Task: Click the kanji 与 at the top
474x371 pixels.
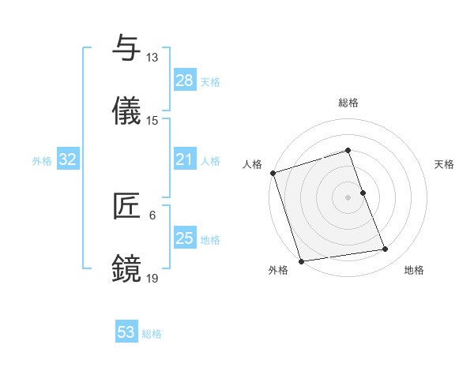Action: coord(126,49)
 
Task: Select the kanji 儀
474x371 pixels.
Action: coord(126,112)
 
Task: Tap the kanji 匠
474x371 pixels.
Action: coord(126,207)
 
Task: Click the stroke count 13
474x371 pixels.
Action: coord(152,58)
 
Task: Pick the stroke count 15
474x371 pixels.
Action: coord(152,121)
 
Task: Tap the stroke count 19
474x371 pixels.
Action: coord(152,279)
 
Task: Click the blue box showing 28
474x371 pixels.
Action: coord(185,80)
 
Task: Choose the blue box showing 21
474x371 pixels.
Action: coord(185,159)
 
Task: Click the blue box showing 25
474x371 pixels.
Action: coord(185,238)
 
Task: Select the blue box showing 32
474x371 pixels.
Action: coord(68,159)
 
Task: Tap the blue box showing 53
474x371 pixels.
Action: coord(126,332)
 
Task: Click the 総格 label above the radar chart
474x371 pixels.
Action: coord(348,103)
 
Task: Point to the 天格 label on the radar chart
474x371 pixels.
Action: coord(444,164)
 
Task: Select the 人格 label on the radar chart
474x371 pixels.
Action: coord(252,164)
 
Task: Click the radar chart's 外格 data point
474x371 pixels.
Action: coord(301,260)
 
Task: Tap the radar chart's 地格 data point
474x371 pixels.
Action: coord(386,249)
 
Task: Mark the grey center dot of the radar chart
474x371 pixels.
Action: coord(348,197)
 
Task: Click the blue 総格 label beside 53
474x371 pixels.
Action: coord(152,334)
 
